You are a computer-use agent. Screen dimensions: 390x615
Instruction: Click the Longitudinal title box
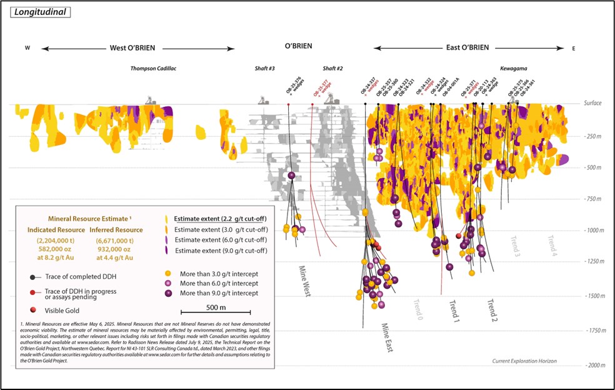pos(39,12)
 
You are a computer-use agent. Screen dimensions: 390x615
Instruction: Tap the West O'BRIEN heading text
pos(132,48)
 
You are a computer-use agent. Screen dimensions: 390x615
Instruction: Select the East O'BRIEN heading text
pos(467,48)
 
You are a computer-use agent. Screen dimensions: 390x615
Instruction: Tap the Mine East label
pos(386,337)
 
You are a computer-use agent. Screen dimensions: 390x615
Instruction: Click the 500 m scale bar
pos(216,312)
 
